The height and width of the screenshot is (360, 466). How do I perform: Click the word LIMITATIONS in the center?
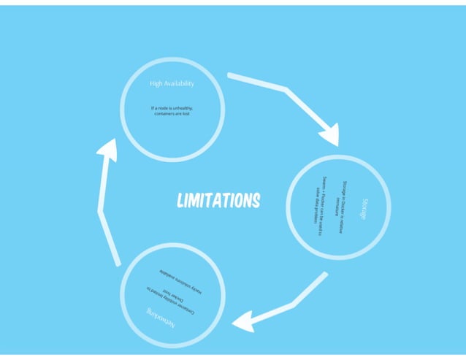[x=218, y=200]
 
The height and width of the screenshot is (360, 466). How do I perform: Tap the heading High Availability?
[x=172, y=83]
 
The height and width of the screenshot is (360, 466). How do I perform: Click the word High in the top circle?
[x=156, y=83]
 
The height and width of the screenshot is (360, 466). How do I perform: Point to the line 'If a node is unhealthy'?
[x=172, y=108]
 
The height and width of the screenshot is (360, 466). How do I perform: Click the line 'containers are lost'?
[x=172, y=114]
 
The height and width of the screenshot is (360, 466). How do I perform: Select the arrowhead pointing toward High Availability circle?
[x=108, y=150]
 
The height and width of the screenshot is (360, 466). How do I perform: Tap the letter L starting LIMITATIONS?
[x=181, y=200]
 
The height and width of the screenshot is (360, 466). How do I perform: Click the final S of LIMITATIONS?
[x=255, y=199]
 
